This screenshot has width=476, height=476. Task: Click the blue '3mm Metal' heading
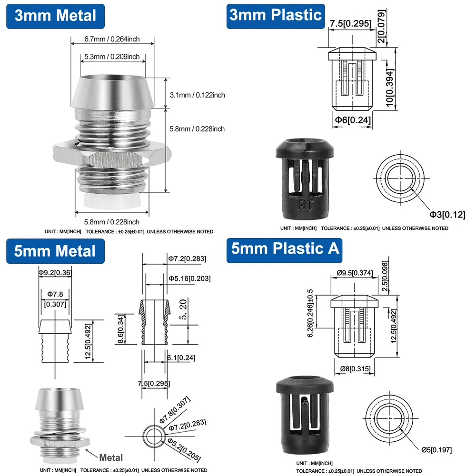(x=56, y=15)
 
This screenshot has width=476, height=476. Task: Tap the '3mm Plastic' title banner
(x=276, y=15)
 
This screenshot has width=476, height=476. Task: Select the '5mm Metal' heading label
(x=55, y=251)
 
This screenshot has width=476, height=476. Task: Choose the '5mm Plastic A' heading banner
(x=285, y=248)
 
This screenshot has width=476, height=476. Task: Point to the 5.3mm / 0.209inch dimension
(x=112, y=57)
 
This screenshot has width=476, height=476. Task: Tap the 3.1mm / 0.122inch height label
(x=197, y=95)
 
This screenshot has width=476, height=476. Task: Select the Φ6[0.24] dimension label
(x=351, y=120)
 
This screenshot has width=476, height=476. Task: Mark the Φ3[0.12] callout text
(x=447, y=215)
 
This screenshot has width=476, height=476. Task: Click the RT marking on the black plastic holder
(x=303, y=205)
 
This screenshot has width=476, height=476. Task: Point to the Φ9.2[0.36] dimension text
(x=56, y=272)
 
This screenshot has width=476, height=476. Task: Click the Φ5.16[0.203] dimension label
(x=189, y=278)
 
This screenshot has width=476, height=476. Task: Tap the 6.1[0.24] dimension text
(x=181, y=357)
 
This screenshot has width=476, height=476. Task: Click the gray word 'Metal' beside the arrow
(x=111, y=457)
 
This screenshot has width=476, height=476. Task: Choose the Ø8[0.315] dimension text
(x=355, y=368)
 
